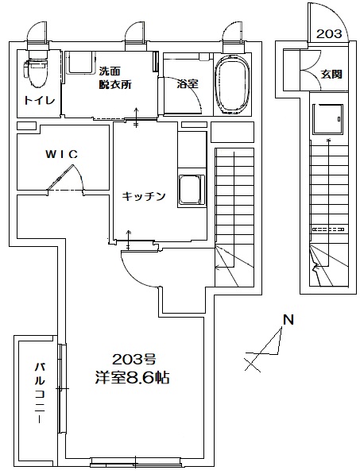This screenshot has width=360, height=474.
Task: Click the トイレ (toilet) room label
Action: coord(39,100)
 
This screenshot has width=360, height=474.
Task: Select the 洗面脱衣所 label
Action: coord(115,78)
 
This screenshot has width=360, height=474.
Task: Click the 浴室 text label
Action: coord(188,84)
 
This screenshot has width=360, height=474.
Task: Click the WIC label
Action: coord(62,155)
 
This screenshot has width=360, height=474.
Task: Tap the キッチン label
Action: coord(144,196)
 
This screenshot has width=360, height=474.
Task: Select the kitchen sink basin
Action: coord(191,191)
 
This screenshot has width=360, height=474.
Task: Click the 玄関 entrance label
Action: coord(331,74)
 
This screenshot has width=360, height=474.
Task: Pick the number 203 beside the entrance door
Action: coord(329,34)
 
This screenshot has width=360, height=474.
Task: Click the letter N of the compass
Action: coord(288,320)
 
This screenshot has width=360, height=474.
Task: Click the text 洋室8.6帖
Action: coord(132,378)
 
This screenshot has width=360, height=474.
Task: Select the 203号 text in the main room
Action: coord(134,360)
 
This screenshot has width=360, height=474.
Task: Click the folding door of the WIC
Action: coord(60,177)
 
